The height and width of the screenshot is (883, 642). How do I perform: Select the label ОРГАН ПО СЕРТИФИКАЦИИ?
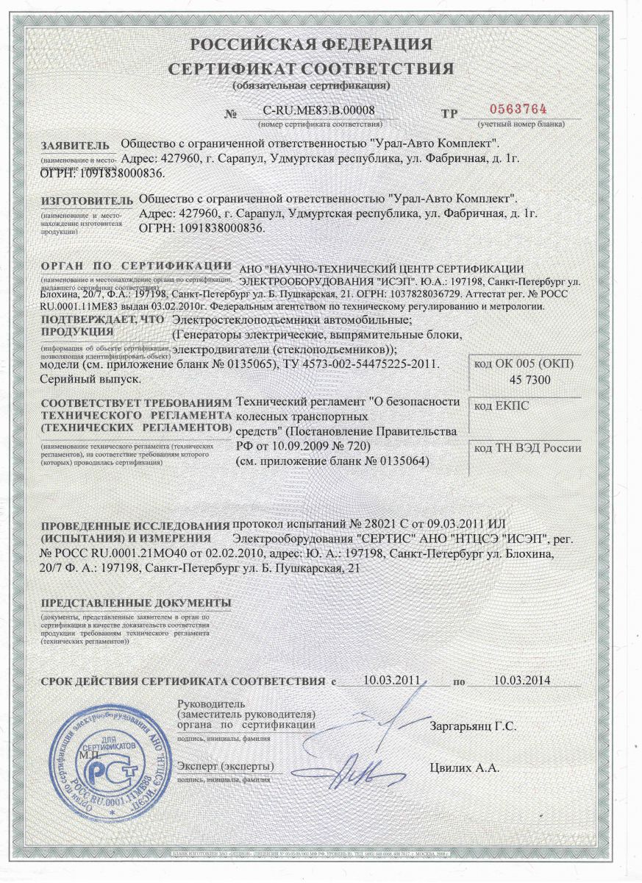point(136,265)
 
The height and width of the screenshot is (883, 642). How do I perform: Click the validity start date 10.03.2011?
point(391,680)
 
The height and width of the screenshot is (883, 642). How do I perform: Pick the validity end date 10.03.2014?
point(522,680)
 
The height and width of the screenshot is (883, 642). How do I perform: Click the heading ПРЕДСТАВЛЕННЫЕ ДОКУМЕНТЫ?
point(136,603)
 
